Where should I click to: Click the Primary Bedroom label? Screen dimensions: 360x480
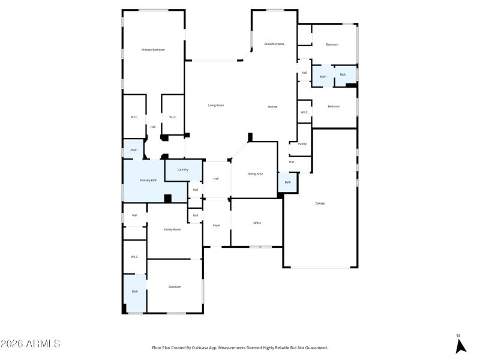[153, 50]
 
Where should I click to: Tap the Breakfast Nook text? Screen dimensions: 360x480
[274, 44]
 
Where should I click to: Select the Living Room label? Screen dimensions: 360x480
[216, 106]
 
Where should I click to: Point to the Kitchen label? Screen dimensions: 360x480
[272, 107]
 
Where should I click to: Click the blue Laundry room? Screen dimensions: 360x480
[182, 170]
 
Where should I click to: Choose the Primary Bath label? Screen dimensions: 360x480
[149, 181]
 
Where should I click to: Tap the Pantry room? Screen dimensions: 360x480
[302, 144]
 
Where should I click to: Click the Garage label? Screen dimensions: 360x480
[320, 203]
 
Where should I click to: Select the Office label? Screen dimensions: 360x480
[257, 223]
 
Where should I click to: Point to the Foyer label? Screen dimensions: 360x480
[216, 226]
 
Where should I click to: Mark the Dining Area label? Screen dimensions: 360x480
[255, 173]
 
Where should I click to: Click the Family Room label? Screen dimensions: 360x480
[173, 230]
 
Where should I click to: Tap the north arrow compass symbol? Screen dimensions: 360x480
[460, 345]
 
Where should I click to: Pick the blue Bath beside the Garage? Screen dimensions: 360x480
[287, 182]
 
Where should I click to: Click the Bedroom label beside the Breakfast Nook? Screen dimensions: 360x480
[332, 44]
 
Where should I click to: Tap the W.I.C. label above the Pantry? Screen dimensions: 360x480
[304, 112]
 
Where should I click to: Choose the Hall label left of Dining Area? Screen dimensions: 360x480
[216, 179]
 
